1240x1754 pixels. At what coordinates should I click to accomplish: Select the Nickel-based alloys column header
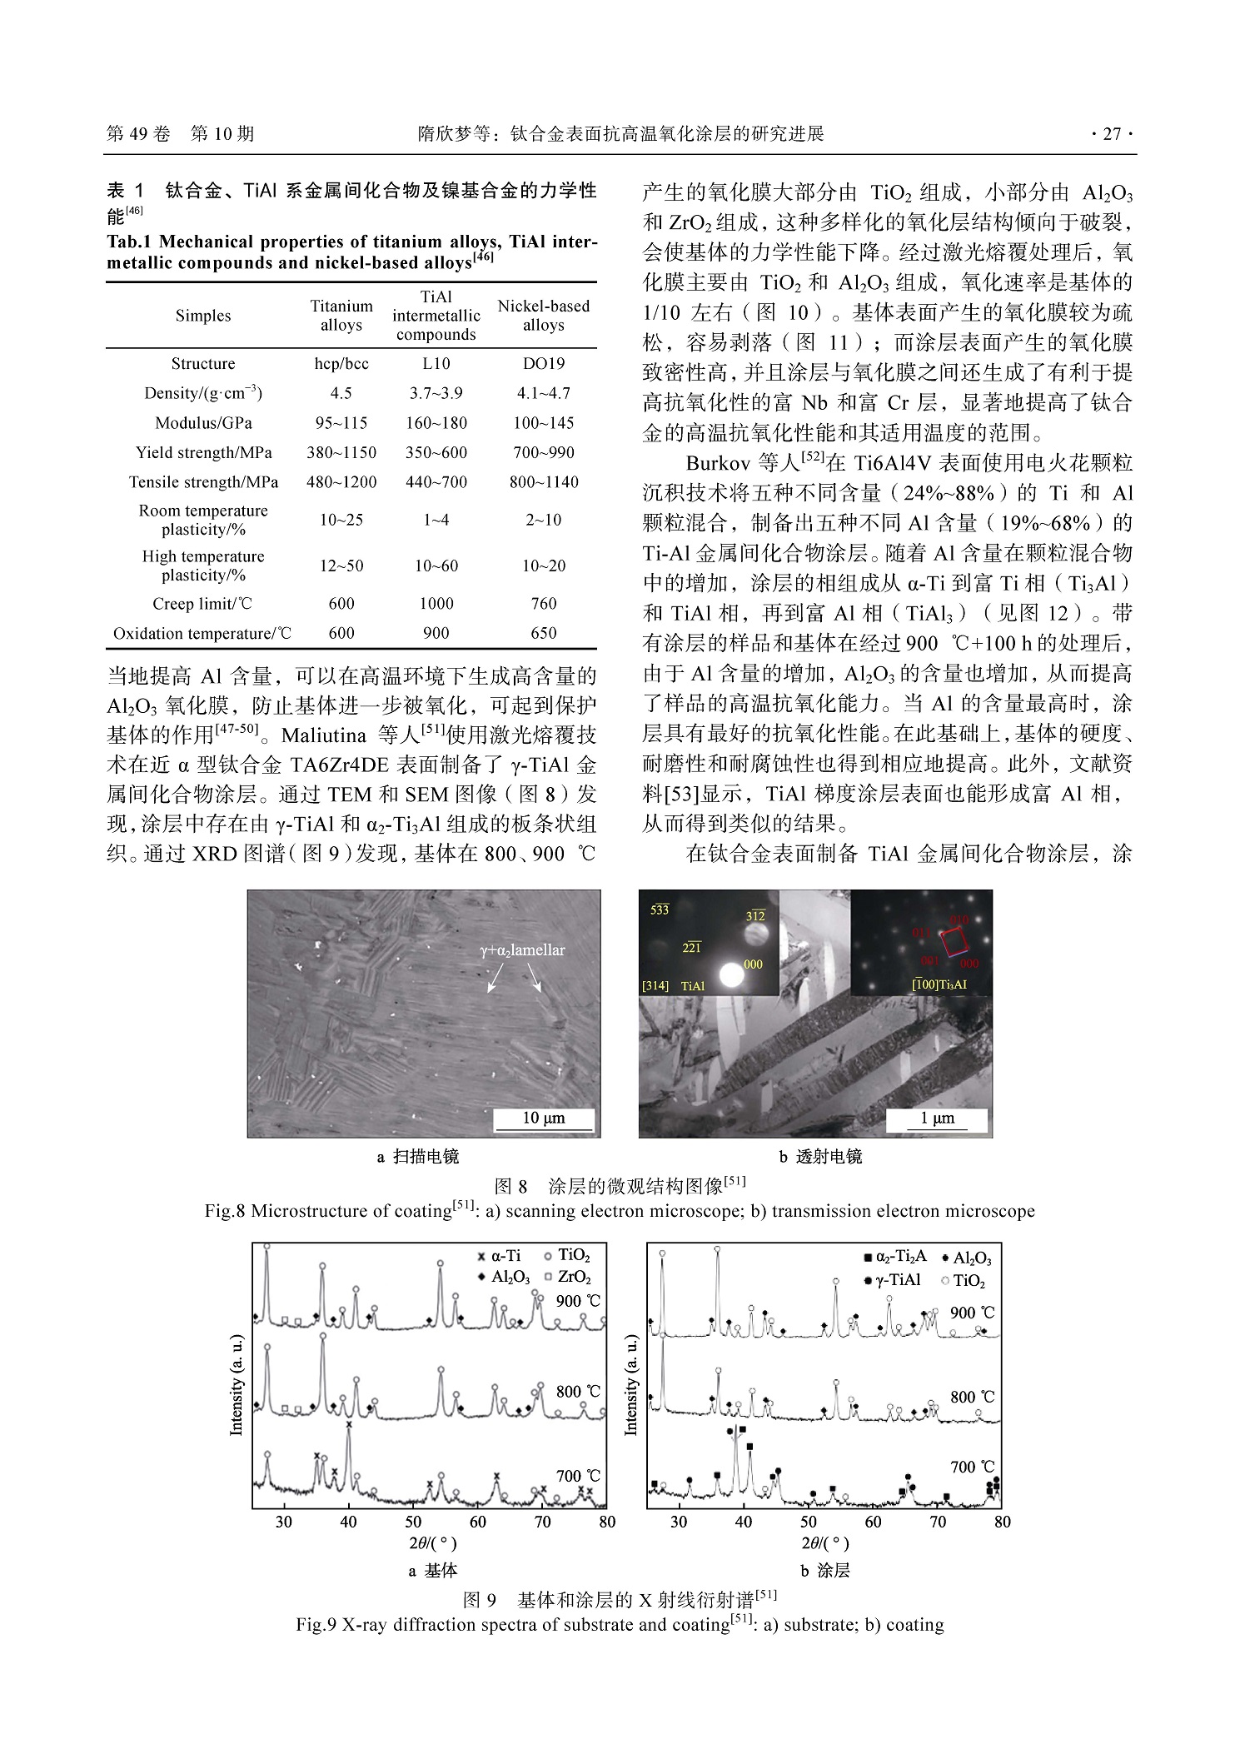tap(543, 316)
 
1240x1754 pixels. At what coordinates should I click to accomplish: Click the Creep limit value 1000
tap(436, 604)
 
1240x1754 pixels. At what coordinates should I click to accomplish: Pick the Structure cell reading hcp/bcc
tap(341, 364)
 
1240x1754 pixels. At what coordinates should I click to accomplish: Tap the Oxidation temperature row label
tap(202, 634)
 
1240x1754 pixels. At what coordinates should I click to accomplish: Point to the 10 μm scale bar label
tap(543, 1118)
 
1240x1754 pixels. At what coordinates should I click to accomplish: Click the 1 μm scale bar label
tap(937, 1118)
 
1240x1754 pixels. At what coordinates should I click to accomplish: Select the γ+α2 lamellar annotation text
tap(522, 949)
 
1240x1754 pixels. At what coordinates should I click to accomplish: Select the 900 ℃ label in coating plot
tap(972, 1313)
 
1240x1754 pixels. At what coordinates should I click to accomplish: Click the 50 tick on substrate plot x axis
tap(413, 1522)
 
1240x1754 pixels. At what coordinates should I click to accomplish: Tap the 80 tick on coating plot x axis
tap(1002, 1522)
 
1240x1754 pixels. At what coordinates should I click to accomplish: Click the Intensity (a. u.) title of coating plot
tap(630, 1383)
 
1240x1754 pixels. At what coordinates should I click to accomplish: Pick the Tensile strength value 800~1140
tap(543, 482)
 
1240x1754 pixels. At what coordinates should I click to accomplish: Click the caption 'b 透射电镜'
tap(820, 1157)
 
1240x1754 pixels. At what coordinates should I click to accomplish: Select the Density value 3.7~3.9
tap(436, 393)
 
